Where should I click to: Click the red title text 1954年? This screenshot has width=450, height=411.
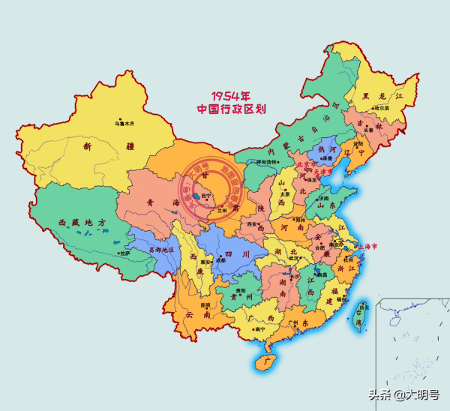click(230, 95)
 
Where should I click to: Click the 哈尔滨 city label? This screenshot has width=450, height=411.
click(381, 108)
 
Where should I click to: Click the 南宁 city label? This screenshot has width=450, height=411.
click(260, 328)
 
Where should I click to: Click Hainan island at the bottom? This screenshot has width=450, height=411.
click(259, 363)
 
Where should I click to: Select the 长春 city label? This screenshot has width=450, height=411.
click(368, 130)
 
